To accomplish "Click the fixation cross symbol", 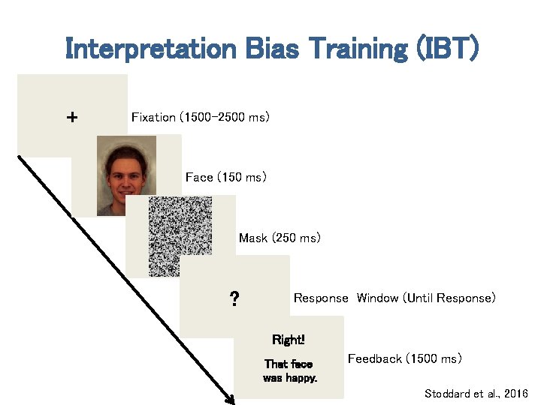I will coord(71,118).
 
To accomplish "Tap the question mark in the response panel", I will coord(234,300).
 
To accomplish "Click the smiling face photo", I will coord(126,176).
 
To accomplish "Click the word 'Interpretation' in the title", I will coord(151,49).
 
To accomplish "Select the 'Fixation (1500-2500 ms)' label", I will coord(200,117).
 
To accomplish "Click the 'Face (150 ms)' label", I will coord(225,178).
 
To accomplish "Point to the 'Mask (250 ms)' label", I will coord(280,238).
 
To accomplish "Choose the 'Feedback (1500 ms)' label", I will coord(404,359).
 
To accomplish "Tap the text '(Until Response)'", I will coord(449,298).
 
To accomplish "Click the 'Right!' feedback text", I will coord(289,340).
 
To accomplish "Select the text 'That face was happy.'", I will coord(289,370).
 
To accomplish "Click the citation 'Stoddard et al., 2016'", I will coord(476,394).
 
